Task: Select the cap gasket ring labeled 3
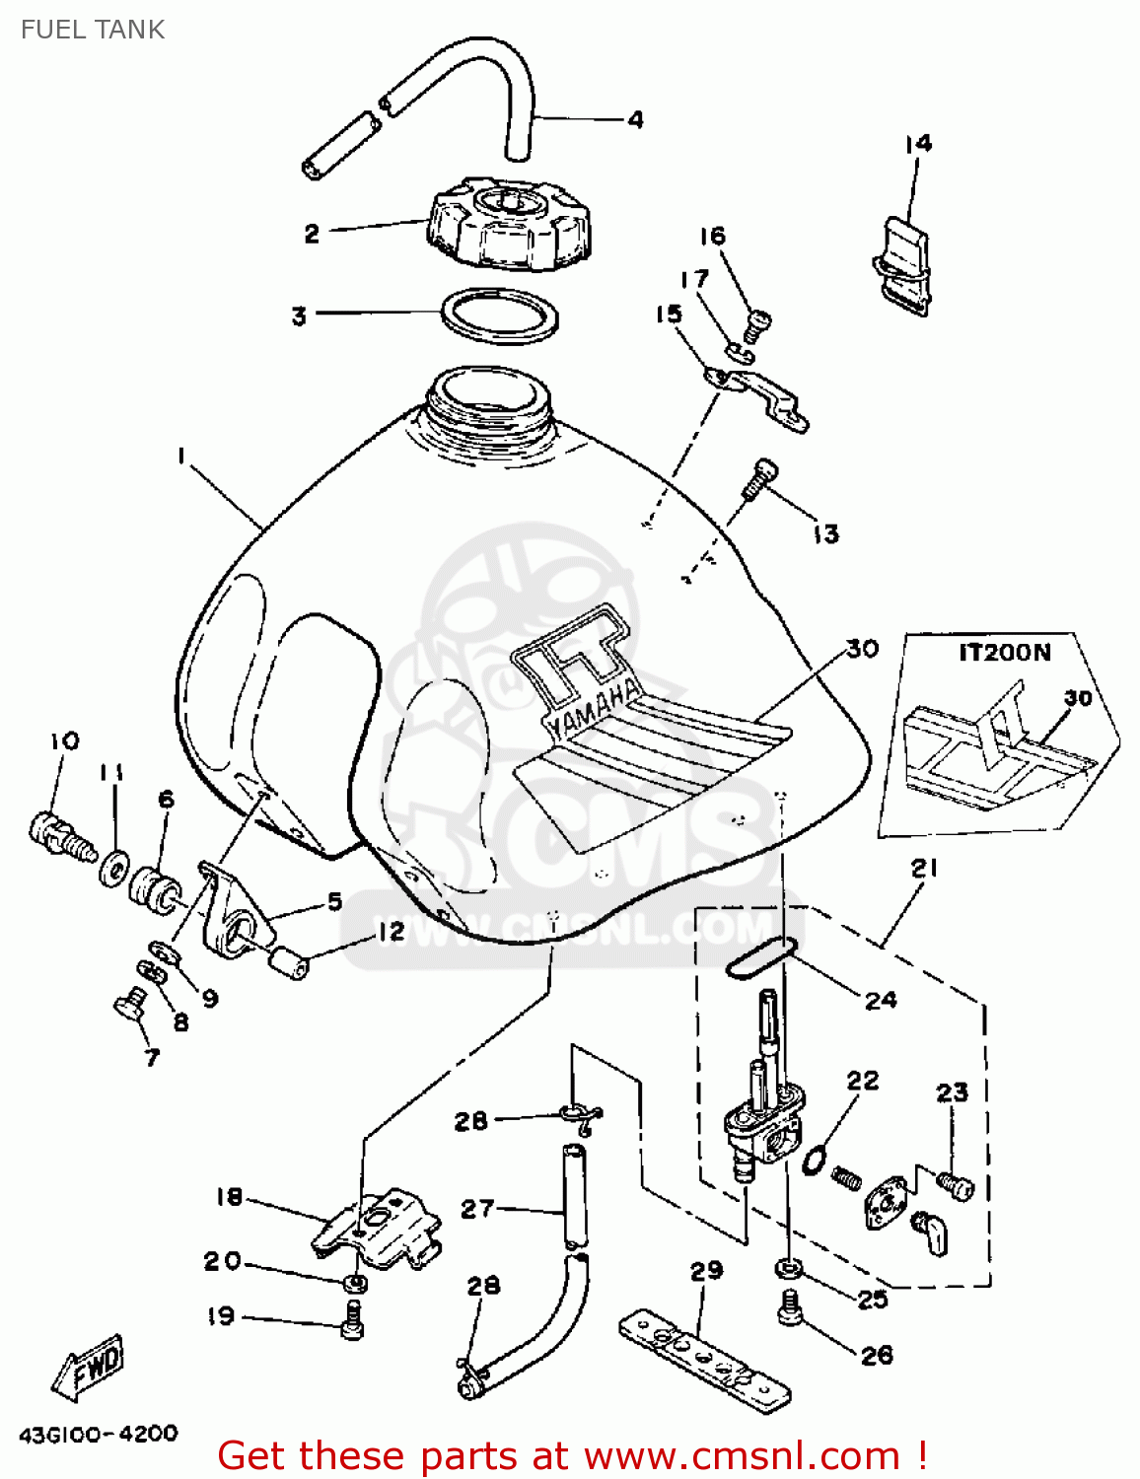coord(500,316)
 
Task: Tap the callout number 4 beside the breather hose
coord(636,120)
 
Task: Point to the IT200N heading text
coord(1004,653)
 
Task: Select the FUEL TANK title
coord(93,30)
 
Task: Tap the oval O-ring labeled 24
coord(760,959)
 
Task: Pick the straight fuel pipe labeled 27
coord(573,1195)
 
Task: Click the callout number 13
coord(825,534)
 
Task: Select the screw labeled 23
coord(955,1184)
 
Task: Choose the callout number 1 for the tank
coord(181,456)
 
